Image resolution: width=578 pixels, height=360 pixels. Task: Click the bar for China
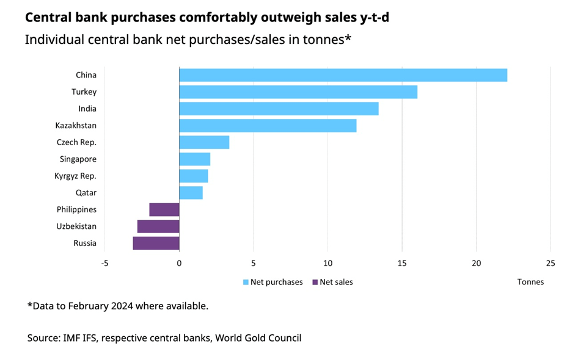[x=343, y=75]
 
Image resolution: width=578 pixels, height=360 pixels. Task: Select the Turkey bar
[x=298, y=92]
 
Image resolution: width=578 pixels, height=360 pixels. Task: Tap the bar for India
[x=279, y=109]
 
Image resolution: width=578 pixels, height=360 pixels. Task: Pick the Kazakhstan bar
[x=268, y=126]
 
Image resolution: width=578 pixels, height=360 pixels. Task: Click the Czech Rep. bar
[x=204, y=142]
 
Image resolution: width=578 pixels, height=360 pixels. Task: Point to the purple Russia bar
[x=156, y=243]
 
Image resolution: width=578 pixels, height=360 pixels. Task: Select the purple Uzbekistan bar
[x=158, y=226]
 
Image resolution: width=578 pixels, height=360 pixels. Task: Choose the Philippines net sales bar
[x=164, y=209]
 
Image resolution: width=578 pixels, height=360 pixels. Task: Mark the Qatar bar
[x=191, y=193]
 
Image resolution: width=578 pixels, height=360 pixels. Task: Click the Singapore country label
[x=79, y=159]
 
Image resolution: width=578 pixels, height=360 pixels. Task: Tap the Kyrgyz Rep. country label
[x=76, y=176]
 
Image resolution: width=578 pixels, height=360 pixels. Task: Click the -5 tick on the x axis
[x=104, y=264]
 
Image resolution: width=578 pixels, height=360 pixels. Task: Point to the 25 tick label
[x=551, y=264]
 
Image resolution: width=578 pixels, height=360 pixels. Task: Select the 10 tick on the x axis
[x=327, y=264]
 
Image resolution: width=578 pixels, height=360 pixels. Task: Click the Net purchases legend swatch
[x=246, y=283]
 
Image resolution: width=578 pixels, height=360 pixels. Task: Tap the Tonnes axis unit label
[x=530, y=282]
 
